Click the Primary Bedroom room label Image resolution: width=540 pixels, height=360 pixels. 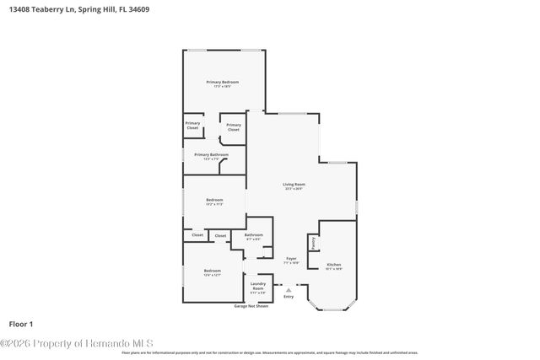223,82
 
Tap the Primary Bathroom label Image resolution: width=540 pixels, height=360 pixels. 211,154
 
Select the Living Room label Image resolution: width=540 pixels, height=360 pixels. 294,184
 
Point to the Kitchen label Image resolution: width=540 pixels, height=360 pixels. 334,265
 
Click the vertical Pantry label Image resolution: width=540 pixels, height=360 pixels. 313,243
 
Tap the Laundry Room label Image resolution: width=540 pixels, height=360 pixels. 258,286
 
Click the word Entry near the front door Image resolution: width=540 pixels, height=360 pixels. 289,297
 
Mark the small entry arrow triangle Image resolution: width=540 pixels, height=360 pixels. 289,289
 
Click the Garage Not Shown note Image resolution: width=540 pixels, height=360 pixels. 251,305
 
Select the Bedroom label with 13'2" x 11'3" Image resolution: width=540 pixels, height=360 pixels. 214,200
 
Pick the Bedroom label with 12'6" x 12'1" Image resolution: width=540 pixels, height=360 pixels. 212,271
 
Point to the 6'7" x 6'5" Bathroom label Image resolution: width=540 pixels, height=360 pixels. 254,235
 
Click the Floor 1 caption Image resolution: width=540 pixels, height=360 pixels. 20,324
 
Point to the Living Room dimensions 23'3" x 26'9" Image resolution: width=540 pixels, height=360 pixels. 294,189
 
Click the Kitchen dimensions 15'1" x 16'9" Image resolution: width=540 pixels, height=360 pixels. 334,270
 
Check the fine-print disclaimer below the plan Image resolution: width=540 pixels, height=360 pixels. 270,352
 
